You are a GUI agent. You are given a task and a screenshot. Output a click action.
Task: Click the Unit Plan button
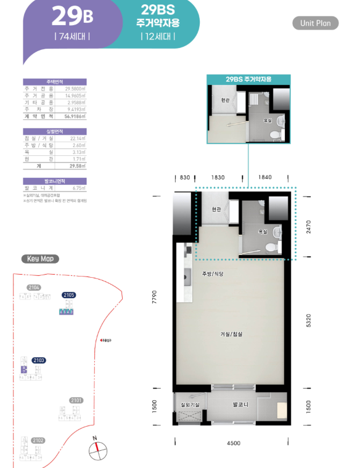coord(316,23)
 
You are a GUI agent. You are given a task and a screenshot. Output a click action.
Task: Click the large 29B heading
coord(73,15)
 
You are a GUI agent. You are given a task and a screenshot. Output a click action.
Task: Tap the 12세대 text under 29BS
coord(158,36)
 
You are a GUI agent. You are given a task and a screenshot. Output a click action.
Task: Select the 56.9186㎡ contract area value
coord(74,116)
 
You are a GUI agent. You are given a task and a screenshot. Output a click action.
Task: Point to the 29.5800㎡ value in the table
coord(74,89)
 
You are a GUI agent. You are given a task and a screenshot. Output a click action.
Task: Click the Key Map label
coord(41,259)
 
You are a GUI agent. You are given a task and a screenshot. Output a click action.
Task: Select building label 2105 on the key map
coord(68,295)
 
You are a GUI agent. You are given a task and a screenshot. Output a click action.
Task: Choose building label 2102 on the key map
coord(38,440)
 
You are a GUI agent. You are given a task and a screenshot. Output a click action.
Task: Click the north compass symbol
coord(97,450)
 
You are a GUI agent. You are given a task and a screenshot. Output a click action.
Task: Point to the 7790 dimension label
coord(155,297)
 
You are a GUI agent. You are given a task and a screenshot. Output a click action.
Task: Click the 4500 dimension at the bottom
coord(233,443)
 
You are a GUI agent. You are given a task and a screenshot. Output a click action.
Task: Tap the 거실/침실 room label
coord(231,334)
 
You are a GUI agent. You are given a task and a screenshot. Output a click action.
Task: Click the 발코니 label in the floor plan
coord(240,405)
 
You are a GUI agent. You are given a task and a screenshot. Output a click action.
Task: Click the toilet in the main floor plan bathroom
coord(271,245)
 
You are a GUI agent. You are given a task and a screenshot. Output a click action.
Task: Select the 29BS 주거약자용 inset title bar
coord(248,79)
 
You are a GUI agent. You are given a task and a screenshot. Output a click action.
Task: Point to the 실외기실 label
coord(189,405)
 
